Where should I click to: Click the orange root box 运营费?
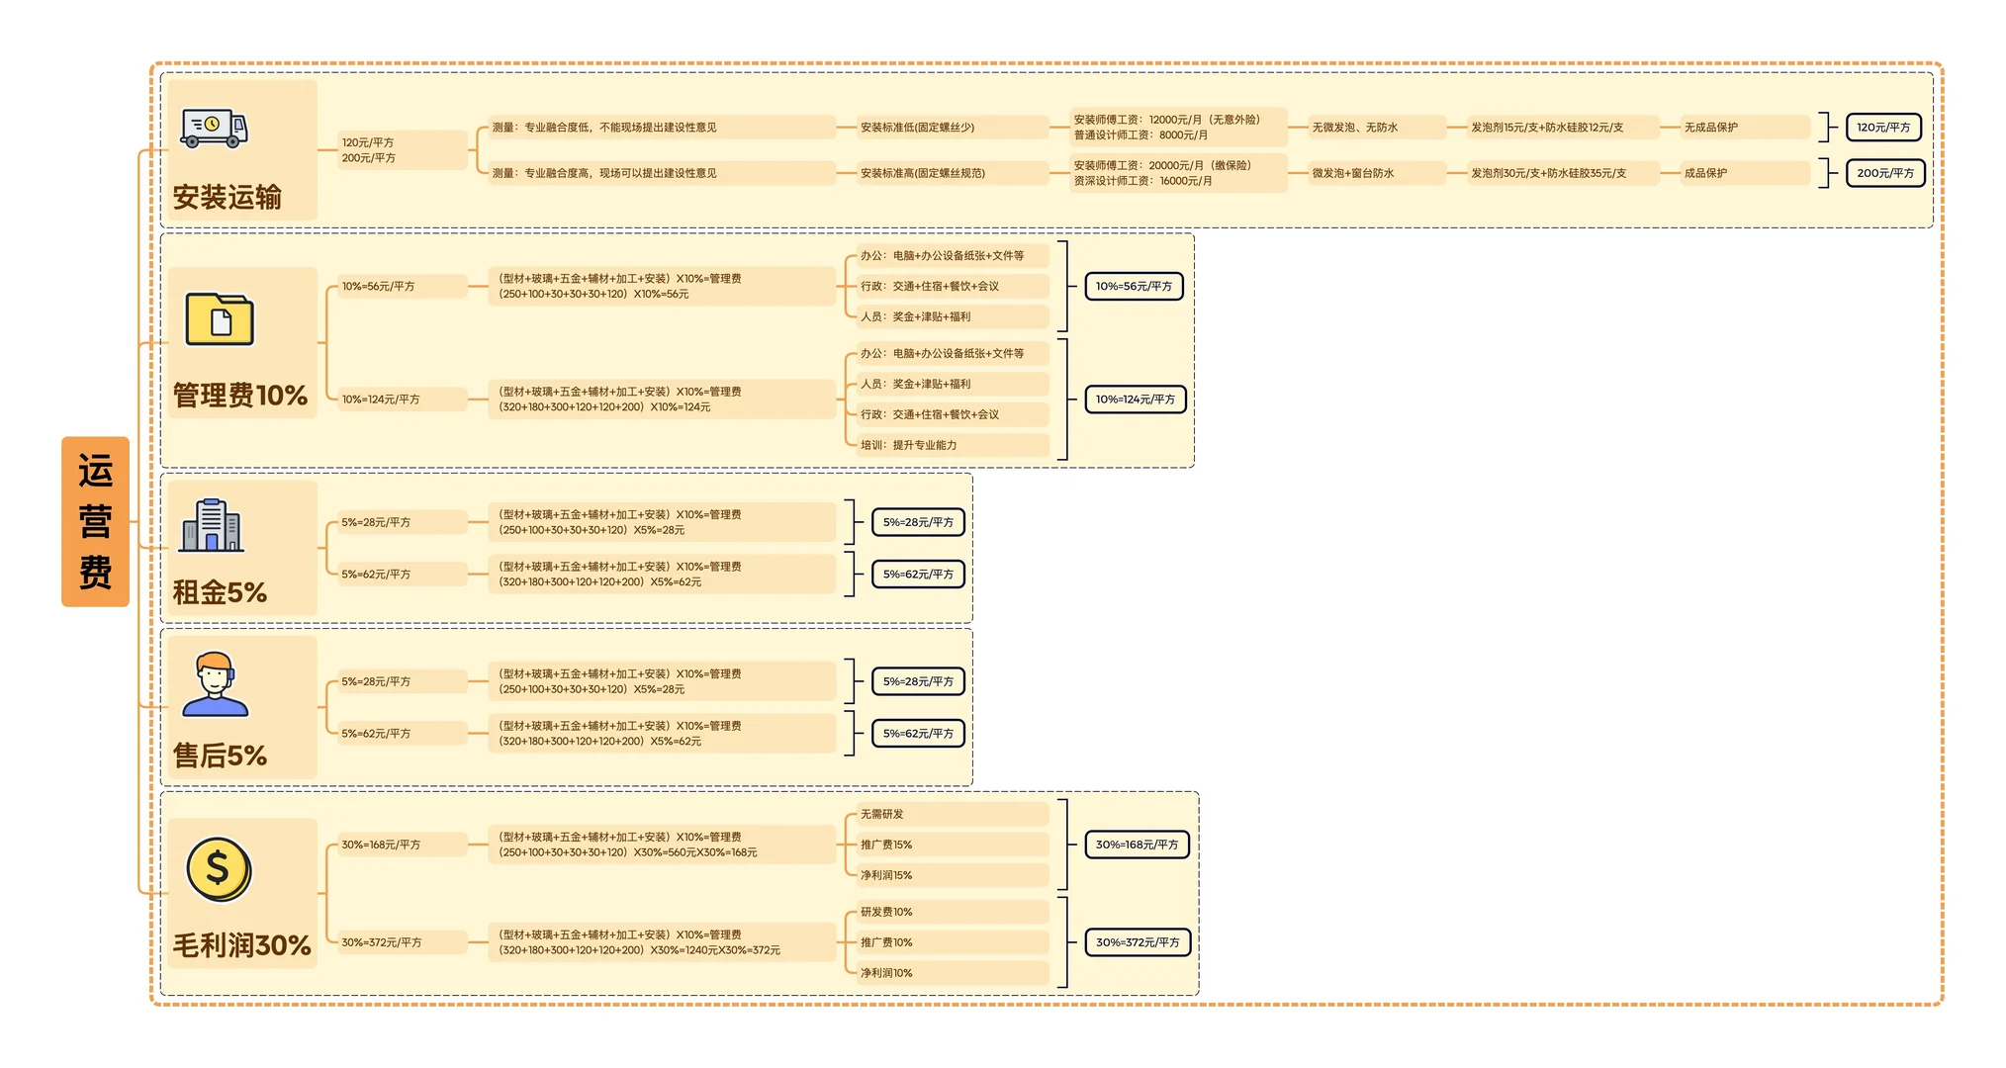pos(95,521)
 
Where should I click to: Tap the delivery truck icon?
pos(214,128)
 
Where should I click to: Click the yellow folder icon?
pos(220,318)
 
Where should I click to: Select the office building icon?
pos(212,525)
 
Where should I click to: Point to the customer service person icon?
pos(215,683)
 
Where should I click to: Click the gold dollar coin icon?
pos(219,869)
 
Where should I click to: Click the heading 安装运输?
pos(228,197)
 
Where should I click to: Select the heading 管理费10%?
pos(240,396)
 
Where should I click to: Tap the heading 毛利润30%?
pos(242,945)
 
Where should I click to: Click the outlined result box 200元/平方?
pos(1885,173)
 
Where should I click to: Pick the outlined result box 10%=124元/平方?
pos(1135,400)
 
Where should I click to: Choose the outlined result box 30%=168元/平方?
pos(1137,845)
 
